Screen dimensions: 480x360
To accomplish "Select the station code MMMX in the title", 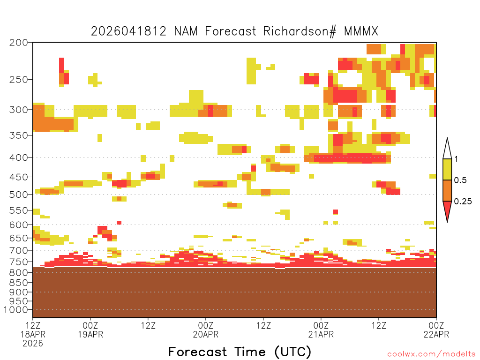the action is (x=361, y=31).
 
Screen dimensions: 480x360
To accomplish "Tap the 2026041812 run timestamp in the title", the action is (x=128, y=31).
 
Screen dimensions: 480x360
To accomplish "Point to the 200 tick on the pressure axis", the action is (x=18, y=43).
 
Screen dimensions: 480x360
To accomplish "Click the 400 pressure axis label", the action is (x=18, y=157).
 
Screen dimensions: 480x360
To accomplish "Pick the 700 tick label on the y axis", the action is (x=18, y=250).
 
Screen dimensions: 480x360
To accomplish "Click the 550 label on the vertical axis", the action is (x=18, y=210).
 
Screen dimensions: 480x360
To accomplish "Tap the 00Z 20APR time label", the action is (x=206, y=330).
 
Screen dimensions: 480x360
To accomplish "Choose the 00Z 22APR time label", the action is (x=436, y=330).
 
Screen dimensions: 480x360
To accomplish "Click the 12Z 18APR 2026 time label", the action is (x=33, y=334).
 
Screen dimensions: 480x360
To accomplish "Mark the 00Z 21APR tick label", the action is (x=321, y=330).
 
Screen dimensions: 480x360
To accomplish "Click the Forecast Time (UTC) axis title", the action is (x=240, y=352).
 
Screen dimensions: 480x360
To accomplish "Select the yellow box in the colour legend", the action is (x=447, y=169).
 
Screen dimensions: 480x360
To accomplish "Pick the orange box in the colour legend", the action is (x=447, y=190).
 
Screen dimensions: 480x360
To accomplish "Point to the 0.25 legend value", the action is (x=463, y=202).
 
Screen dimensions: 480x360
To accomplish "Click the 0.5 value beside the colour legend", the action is (x=460, y=180).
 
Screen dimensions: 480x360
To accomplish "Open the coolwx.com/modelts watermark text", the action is (x=431, y=354).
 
